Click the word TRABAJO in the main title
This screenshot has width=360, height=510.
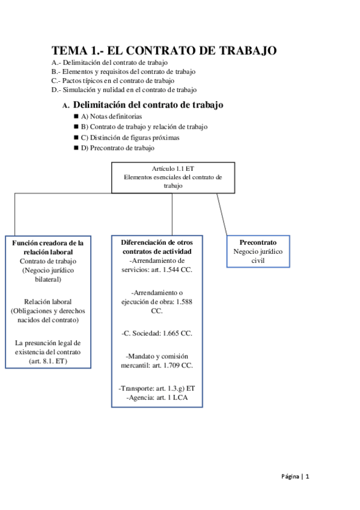tap(248, 51)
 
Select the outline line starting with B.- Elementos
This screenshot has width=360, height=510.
tap(123, 72)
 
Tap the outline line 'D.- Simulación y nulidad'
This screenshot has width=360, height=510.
tap(124, 90)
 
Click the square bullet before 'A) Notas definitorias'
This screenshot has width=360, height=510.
tap(76, 116)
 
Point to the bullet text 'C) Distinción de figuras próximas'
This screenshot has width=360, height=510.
tap(130, 138)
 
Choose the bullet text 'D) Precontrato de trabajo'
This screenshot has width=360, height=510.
tap(118, 148)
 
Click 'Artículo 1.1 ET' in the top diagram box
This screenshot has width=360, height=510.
tap(173, 168)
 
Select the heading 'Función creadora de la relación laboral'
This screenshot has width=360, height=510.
tap(48, 248)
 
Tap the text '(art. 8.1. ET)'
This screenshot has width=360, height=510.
tap(48, 361)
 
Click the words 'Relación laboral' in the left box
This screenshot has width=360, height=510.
tap(47, 302)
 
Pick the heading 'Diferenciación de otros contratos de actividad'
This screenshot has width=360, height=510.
tap(157, 247)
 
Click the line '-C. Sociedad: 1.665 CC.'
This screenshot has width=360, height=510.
tap(157, 333)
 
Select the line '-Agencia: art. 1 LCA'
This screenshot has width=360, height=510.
tap(157, 398)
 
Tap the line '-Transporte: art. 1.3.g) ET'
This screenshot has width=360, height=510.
tap(157, 389)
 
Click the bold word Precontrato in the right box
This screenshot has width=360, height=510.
tap(258, 242)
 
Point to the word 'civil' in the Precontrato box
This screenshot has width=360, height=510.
tap(258, 260)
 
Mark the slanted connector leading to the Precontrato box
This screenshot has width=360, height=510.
tap(222, 214)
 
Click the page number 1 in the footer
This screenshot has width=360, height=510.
tap(307, 476)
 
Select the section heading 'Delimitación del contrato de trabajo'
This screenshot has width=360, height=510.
tap(148, 105)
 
